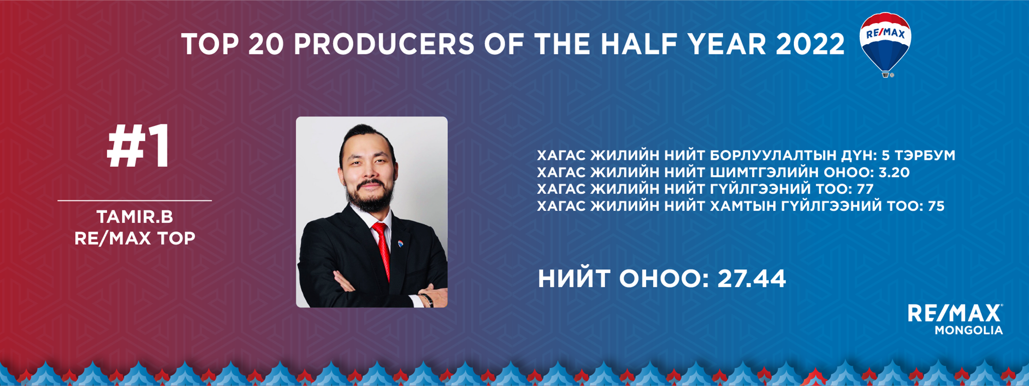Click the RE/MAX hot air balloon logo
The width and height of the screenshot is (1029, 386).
pyautogui.click(x=885, y=44)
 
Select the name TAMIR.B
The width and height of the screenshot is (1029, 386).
pyautogui.click(x=135, y=217)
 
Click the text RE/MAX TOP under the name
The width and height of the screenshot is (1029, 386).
pyautogui.click(x=135, y=238)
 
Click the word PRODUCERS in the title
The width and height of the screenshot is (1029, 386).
pyautogui.click(x=384, y=44)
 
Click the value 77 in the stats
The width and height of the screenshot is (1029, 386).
pyautogui.click(x=865, y=189)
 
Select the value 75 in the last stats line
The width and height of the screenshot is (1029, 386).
pyautogui.click(x=936, y=206)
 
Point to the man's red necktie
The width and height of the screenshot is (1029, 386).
pyautogui.click(x=382, y=249)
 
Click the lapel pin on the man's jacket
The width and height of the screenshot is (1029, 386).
pyautogui.click(x=400, y=243)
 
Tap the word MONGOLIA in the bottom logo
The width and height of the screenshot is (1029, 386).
pyautogui.click(x=969, y=330)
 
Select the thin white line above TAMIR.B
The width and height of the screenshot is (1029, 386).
pyautogui.click(x=135, y=200)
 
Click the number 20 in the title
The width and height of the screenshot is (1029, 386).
pyautogui.click(x=265, y=44)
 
